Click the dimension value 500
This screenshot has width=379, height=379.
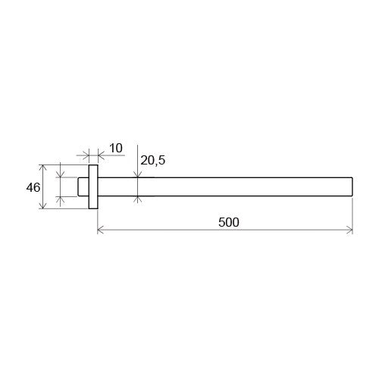(229, 222)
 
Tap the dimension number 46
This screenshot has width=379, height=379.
(33, 187)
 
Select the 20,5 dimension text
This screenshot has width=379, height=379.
(153, 160)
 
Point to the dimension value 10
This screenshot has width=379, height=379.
(116, 148)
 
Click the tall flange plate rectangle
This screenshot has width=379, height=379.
(93, 187)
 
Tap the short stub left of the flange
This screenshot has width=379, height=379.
(83, 187)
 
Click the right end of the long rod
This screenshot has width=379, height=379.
(352, 187)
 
